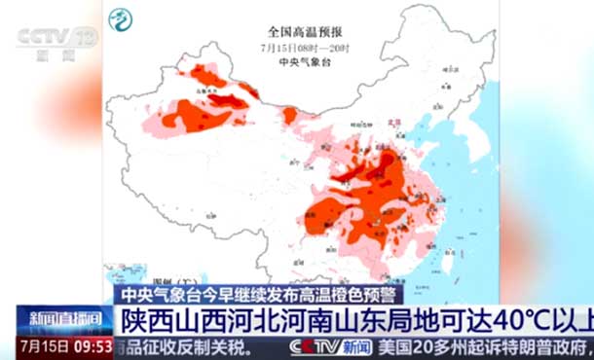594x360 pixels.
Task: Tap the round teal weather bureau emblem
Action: (x=121, y=19)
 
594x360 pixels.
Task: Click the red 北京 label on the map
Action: (x=395, y=124)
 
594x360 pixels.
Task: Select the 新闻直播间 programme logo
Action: (x=63, y=319)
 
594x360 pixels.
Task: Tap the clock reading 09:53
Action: (x=93, y=345)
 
